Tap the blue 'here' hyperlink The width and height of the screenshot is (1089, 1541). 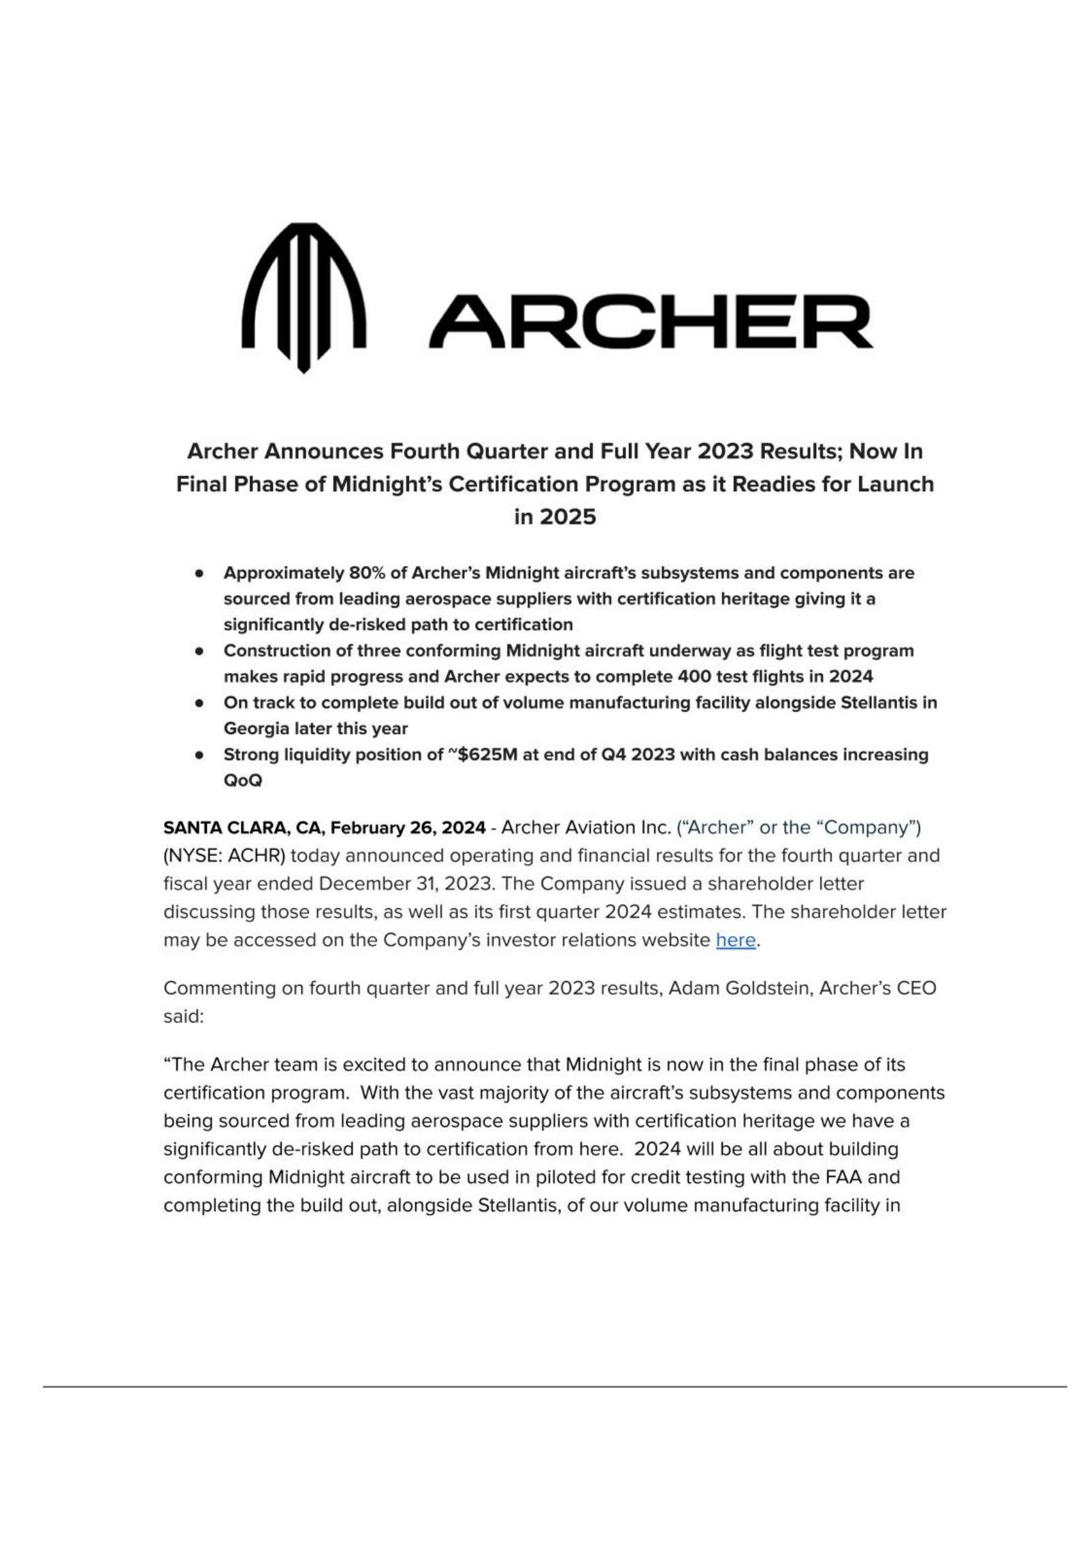coord(735,940)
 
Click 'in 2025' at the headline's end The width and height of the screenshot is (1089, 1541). coord(555,517)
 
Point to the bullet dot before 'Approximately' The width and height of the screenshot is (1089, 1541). coord(199,574)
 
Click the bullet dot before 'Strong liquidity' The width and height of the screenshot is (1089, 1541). coord(199,755)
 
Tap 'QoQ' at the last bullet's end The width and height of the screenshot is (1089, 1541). coord(243,780)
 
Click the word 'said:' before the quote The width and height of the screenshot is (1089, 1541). coord(184,1016)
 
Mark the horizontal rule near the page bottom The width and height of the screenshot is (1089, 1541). coord(555,1387)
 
